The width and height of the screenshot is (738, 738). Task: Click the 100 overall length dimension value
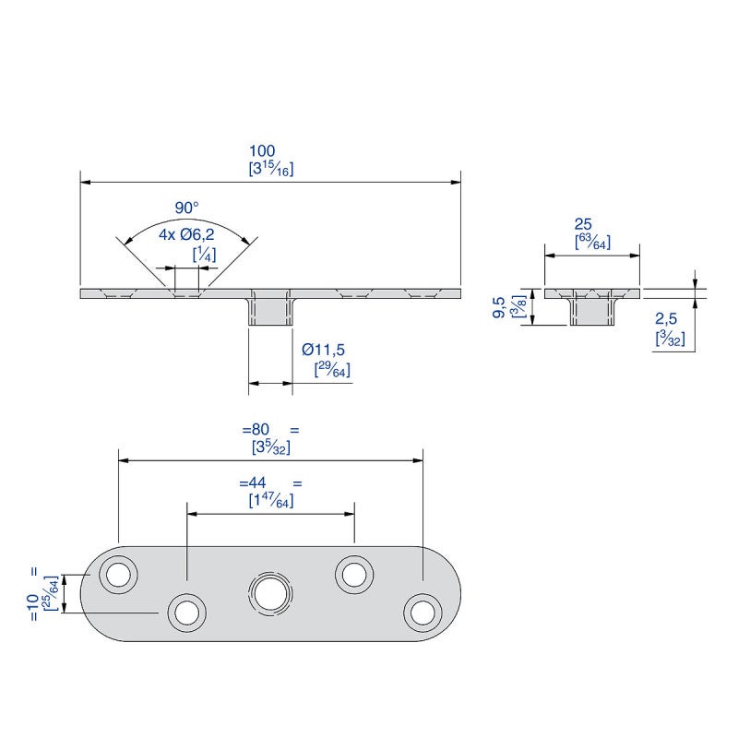(x=263, y=150)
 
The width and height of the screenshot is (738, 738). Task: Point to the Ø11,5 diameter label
(x=324, y=351)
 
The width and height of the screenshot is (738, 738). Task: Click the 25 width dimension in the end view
(x=583, y=224)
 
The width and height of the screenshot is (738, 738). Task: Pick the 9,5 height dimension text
(x=500, y=308)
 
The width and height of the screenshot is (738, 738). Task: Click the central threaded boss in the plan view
(x=269, y=592)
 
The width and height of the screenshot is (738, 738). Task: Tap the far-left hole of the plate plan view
(x=118, y=575)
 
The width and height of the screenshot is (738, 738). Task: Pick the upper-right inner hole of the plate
(x=353, y=574)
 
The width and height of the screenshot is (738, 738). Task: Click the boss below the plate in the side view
(x=269, y=311)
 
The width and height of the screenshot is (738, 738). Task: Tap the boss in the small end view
(x=591, y=311)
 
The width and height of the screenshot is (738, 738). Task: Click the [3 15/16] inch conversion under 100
(x=271, y=169)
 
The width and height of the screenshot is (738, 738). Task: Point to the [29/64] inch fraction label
(x=332, y=370)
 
